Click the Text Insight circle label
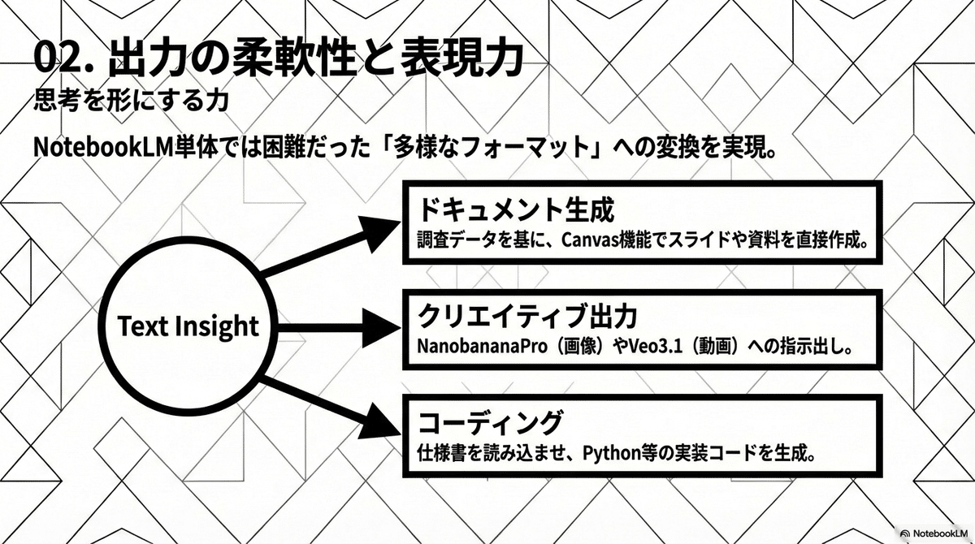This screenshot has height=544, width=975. pos(188,326)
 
